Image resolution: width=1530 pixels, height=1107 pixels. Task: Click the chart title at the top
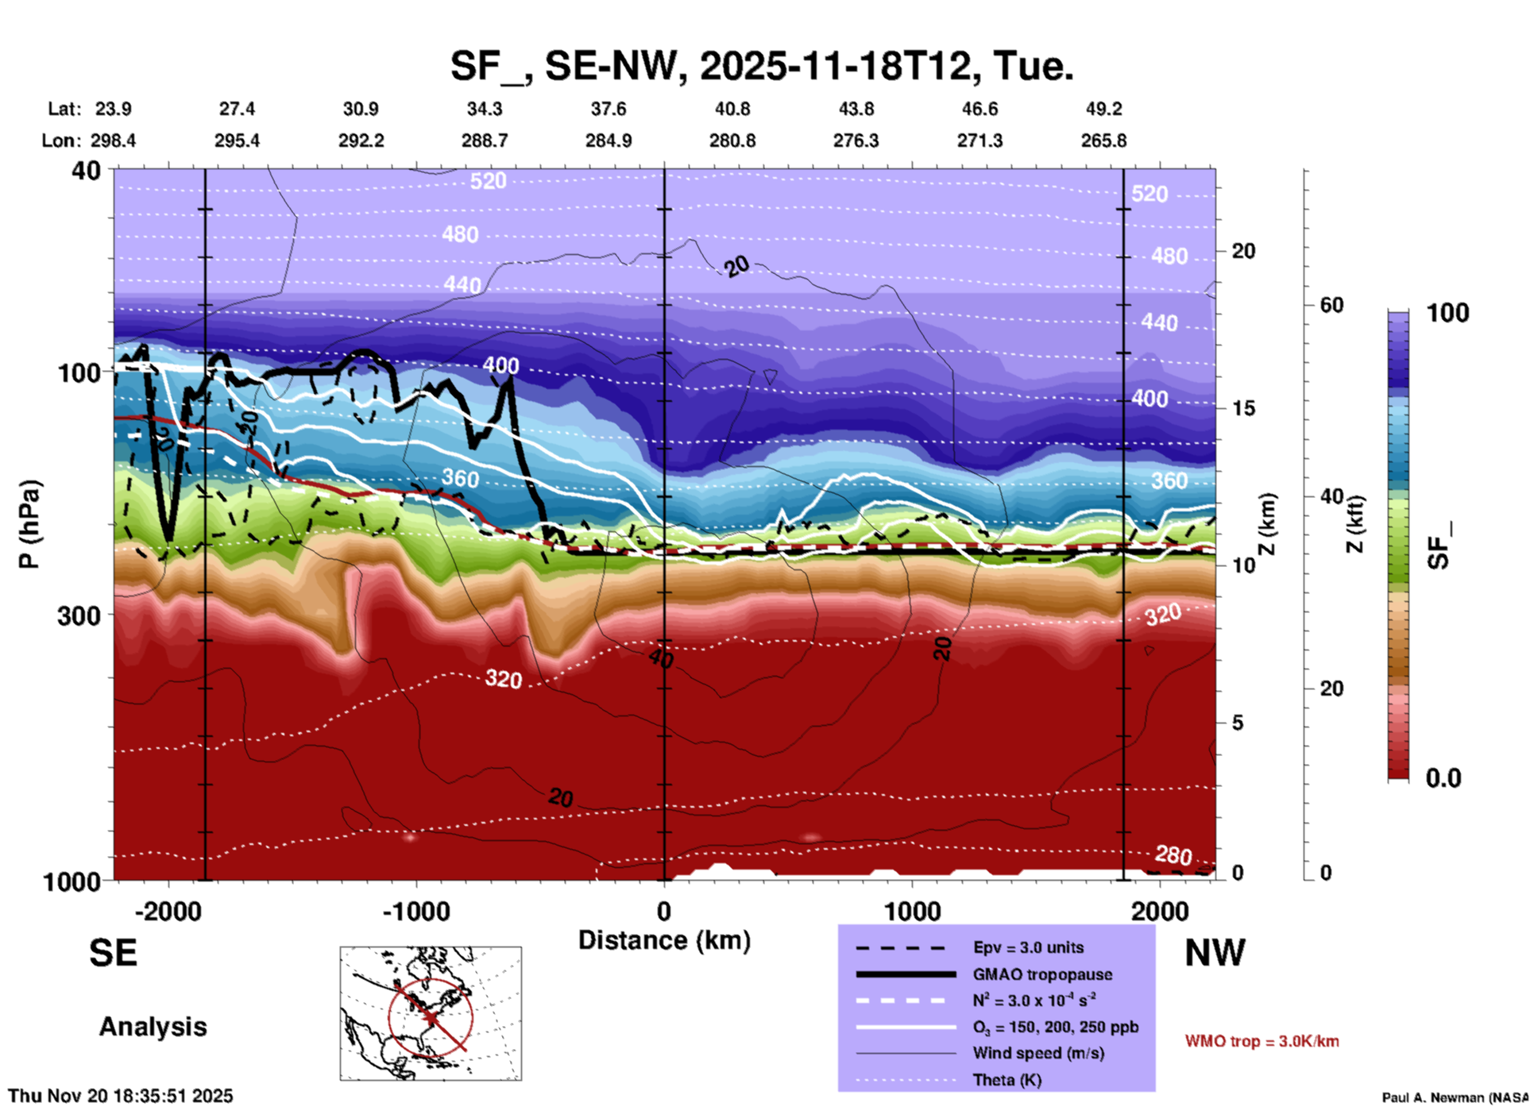[x=761, y=65]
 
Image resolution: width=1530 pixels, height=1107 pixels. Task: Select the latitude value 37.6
[x=608, y=109]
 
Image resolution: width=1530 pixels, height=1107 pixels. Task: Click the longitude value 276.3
[x=856, y=141]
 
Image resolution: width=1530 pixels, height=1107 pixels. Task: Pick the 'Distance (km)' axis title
[x=664, y=940]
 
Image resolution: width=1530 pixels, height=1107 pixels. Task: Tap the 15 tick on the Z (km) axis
[x=1243, y=408]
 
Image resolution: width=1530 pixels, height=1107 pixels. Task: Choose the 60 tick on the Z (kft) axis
[x=1331, y=306]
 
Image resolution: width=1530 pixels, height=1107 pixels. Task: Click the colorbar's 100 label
[x=1447, y=313]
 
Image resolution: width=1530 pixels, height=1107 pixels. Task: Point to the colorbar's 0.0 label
[x=1443, y=777]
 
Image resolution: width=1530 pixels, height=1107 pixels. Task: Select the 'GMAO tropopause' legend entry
[x=1042, y=974]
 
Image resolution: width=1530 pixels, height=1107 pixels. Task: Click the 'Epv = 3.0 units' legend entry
[x=1028, y=947]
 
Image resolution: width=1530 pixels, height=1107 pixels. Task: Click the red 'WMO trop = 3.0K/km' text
[x=1261, y=1041]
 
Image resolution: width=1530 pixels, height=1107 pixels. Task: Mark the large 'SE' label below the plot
[x=113, y=953]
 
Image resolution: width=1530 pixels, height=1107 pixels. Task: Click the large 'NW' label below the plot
[x=1215, y=953]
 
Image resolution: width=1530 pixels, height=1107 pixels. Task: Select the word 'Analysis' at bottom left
[x=153, y=1027]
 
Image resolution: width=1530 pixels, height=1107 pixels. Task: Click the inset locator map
[x=431, y=1012]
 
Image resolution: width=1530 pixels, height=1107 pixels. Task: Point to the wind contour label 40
[x=661, y=658]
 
